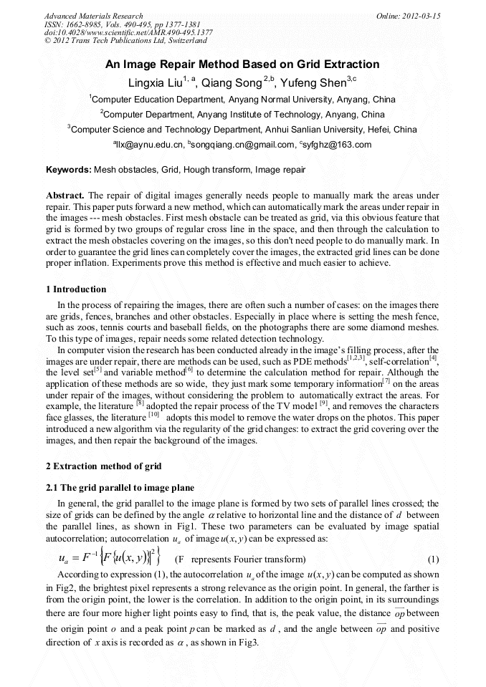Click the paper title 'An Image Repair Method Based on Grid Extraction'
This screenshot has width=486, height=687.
click(x=242, y=64)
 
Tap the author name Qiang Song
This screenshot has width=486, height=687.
click(x=232, y=83)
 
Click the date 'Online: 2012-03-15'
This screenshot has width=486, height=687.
click(x=408, y=16)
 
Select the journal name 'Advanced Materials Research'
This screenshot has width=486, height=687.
click(x=93, y=16)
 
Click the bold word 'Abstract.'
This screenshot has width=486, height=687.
click(x=65, y=196)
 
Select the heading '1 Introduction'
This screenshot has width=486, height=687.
click(x=76, y=289)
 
